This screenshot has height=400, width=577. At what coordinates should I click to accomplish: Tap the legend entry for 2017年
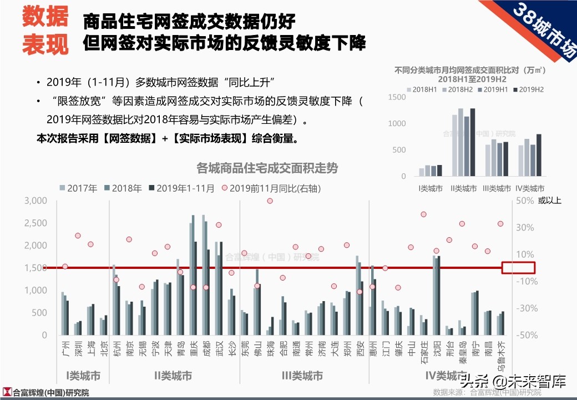point(77,188)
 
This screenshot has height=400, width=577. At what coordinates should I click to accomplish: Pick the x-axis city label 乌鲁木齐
point(500,356)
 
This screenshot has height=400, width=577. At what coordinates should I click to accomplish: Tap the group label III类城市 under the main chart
point(302,376)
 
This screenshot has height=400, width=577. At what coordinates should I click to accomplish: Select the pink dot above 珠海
point(270,201)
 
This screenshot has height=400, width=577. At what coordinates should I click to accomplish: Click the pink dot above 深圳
point(78,236)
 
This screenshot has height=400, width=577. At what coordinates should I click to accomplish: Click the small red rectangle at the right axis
point(518,268)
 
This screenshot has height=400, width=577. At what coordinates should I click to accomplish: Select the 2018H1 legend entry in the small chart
point(423,89)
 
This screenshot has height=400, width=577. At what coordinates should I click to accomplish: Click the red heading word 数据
point(45,17)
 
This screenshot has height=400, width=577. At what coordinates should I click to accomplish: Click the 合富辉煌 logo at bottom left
point(46,393)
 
